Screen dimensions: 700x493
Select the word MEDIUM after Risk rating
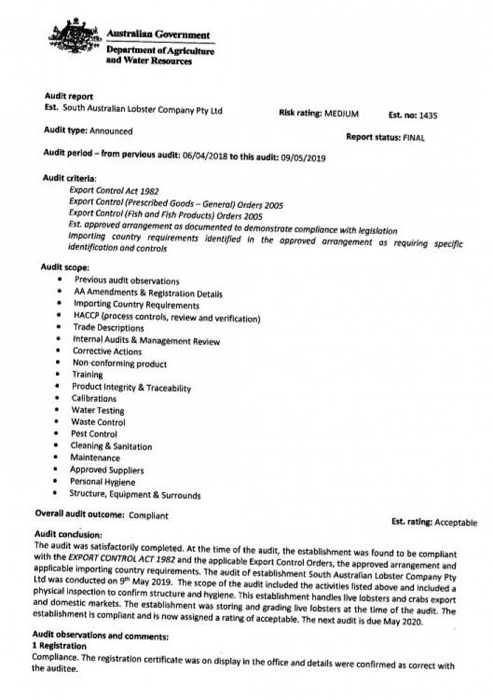341,113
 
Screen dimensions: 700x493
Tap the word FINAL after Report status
414,138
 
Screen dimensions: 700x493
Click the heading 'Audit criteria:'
70,178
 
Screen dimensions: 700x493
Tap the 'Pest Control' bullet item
94,434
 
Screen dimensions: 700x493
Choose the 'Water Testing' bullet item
97,410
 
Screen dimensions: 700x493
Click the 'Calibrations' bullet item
94,398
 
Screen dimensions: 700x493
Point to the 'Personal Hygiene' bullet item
102,482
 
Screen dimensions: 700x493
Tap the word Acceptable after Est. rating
455,522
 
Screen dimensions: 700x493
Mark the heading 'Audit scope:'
64,267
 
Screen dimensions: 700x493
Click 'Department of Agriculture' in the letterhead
160,50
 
